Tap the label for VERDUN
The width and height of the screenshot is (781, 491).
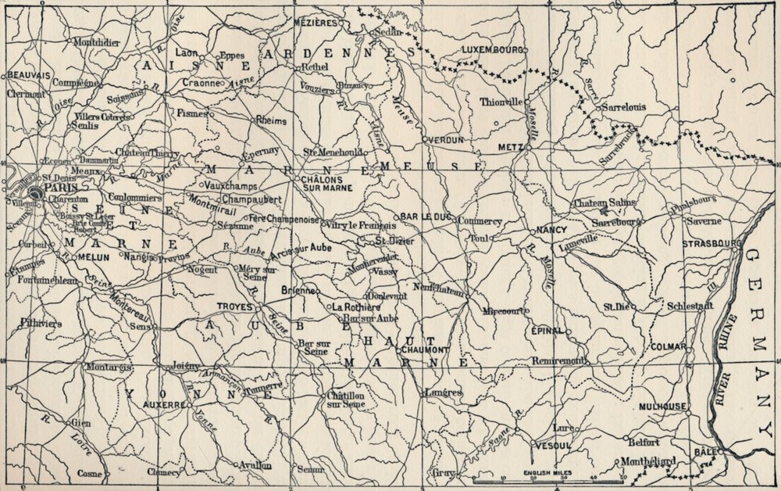(448, 139)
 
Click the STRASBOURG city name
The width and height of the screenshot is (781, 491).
(711, 244)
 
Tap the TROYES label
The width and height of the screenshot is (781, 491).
(235, 306)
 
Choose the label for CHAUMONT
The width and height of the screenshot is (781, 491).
(424, 349)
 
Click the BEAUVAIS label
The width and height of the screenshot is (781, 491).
(29, 75)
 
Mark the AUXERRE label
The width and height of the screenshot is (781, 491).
(164, 405)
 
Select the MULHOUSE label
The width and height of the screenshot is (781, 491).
(662, 407)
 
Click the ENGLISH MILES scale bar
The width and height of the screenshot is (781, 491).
(547, 475)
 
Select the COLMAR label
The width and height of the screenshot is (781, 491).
(667, 346)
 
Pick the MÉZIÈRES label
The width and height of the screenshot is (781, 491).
(315, 23)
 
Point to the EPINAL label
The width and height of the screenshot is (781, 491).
(547, 331)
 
